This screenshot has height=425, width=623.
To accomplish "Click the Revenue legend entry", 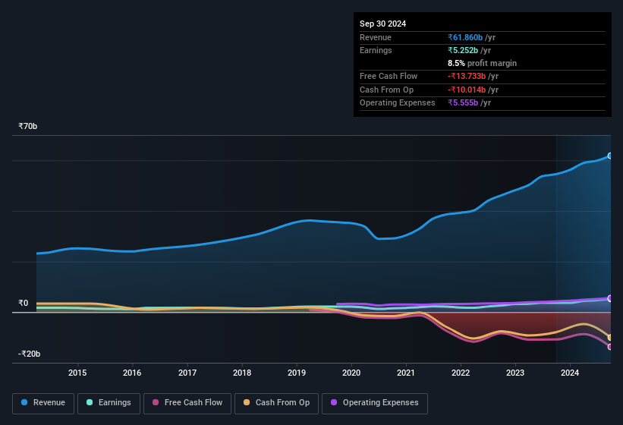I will click(43, 403).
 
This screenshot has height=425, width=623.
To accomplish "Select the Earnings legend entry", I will click(109, 403).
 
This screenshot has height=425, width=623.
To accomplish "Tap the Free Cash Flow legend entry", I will click(188, 403).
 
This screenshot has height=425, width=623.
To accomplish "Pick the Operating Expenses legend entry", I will click(375, 403).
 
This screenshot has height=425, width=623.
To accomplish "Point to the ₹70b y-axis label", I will click(28, 127).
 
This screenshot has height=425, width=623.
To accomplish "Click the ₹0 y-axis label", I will click(24, 304).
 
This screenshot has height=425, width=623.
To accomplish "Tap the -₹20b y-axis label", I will click(29, 354).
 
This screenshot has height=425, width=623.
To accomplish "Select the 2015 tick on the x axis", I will click(77, 373).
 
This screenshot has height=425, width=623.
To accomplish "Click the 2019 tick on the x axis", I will click(297, 373).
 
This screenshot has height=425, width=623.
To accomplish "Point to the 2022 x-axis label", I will click(461, 373).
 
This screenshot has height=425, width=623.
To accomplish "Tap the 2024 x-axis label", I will click(570, 373).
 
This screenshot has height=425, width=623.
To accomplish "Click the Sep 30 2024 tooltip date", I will click(382, 24).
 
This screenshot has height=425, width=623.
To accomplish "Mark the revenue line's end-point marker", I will click(610, 156).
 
